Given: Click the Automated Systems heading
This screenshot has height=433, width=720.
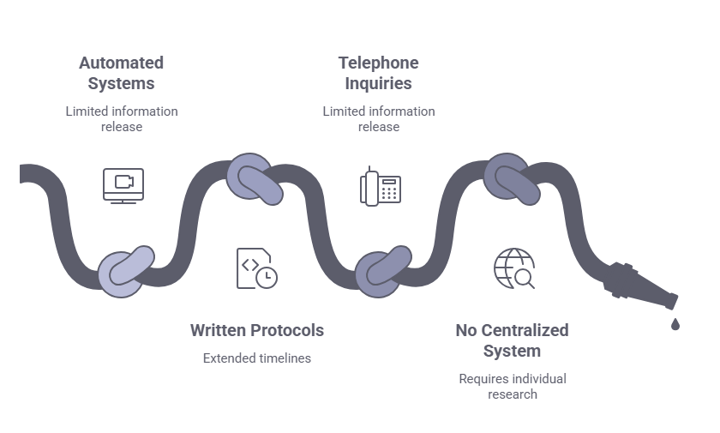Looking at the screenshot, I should click(x=121, y=73).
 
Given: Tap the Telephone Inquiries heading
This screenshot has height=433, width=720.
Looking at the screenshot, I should click(x=378, y=73).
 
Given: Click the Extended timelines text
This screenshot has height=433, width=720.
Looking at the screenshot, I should click(x=256, y=358).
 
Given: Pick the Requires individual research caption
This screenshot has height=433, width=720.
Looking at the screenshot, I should click(x=513, y=386).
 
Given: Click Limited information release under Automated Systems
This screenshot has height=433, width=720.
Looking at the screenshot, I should click(x=121, y=118).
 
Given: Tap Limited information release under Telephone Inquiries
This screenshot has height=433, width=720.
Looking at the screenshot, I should click(x=378, y=118).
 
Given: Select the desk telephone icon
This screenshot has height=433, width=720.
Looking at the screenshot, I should click(x=380, y=184).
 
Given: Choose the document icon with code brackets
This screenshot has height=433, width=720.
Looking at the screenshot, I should click(x=255, y=268).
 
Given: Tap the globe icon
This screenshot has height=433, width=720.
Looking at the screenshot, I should click(x=513, y=268).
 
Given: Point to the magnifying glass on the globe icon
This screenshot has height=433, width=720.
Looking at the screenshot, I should click(x=524, y=279).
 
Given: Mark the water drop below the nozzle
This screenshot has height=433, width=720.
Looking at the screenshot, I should click(x=675, y=324).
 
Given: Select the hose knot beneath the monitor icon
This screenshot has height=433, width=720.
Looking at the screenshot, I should click(x=125, y=272).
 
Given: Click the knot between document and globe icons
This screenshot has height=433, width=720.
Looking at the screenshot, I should click(x=382, y=272).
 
